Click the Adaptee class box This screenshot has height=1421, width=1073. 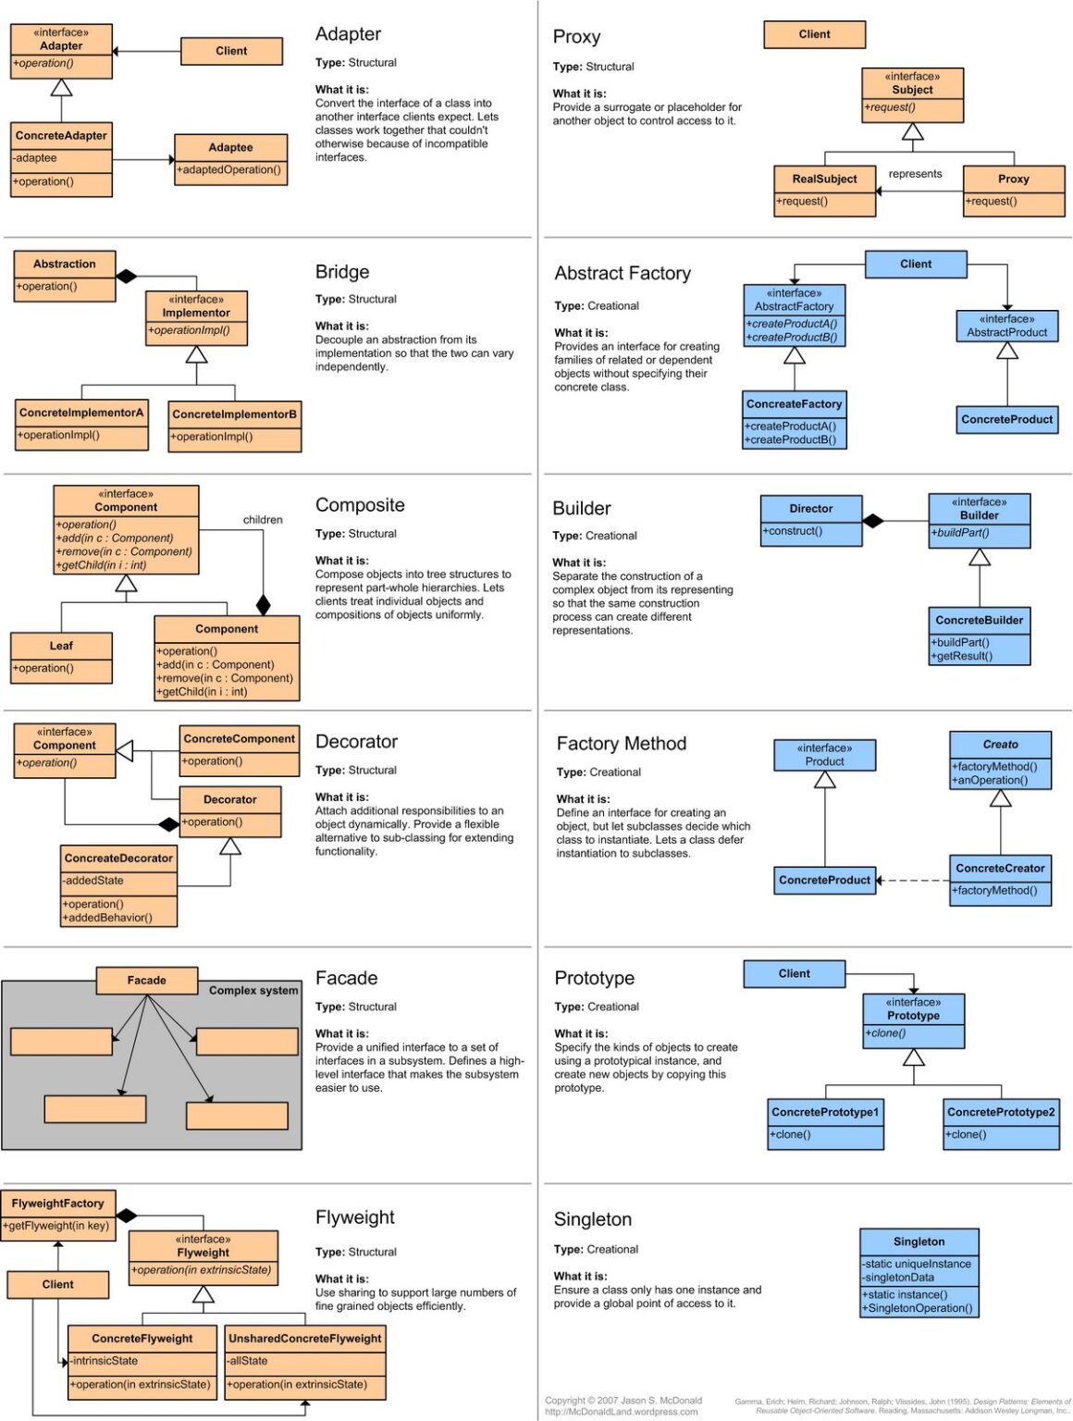pyautogui.click(x=230, y=159)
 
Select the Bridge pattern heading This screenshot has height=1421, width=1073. pyautogui.click(x=342, y=272)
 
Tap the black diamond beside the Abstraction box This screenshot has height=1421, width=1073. pyautogui.click(x=127, y=276)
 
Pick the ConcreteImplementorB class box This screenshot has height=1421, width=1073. pyautogui.click(x=235, y=426)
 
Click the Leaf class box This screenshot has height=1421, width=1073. pyautogui.click(x=61, y=657)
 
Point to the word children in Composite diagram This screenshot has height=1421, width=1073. pyautogui.click(x=263, y=520)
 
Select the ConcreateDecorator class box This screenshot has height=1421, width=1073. pyautogui.click(x=118, y=885)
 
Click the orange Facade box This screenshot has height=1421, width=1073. pyautogui.click(x=147, y=980)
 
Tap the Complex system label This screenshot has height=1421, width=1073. pyautogui.click(x=253, y=990)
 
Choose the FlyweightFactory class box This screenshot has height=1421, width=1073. pyautogui.click(x=58, y=1214)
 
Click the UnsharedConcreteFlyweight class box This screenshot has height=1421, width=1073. pyautogui.click(x=305, y=1362)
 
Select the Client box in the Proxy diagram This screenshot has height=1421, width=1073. pyautogui.click(x=814, y=34)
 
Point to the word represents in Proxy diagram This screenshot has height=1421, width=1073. pyautogui.click(x=915, y=174)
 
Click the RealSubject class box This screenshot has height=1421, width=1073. pyautogui.click(x=824, y=191)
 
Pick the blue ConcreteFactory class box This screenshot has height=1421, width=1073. pyautogui.click(x=795, y=419)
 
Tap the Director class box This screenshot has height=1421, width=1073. pyautogui.click(x=811, y=520)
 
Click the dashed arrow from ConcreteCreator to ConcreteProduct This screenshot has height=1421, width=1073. pyautogui.click(x=914, y=880)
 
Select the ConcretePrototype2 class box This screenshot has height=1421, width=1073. pyautogui.click(x=1001, y=1123)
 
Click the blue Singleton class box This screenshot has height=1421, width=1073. pyautogui.click(x=919, y=1272)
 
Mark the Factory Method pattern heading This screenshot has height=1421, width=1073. pyautogui.click(x=622, y=744)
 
